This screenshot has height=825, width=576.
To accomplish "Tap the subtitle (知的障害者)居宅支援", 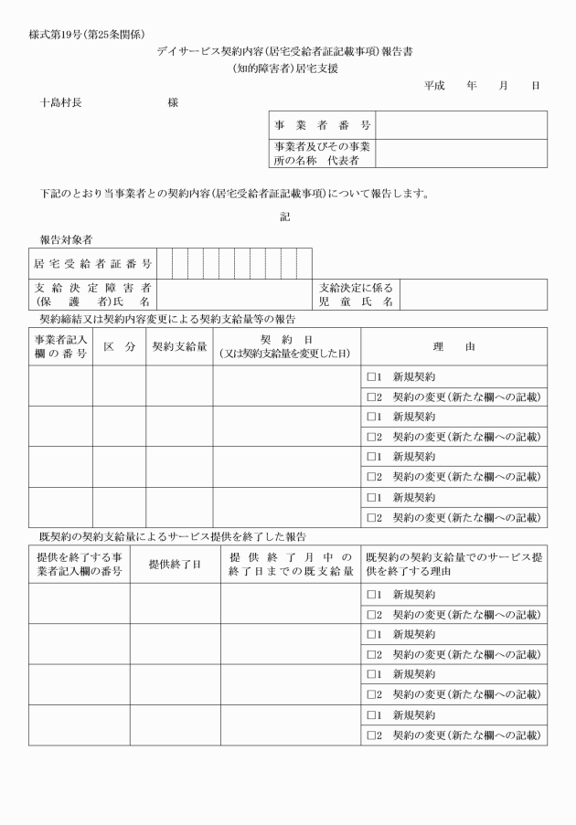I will [285, 69].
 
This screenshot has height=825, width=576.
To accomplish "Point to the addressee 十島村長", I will [61, 102].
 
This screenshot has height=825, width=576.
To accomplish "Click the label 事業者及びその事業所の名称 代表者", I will [322, 153].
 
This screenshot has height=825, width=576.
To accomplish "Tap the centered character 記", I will [285, 217].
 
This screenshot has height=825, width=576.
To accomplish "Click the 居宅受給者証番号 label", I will [92, 263].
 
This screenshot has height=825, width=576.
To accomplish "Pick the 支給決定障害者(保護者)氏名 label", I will [92, 294].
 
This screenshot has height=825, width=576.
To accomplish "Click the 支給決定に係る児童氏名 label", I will [357, 294].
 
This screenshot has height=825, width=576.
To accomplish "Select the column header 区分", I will [119, 347].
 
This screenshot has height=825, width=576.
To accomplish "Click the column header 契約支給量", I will [179, 347].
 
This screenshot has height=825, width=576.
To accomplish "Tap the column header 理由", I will [453, 347].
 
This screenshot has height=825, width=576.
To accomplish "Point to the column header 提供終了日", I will [175, 564].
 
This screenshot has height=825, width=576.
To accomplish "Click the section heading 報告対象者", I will [66, 239].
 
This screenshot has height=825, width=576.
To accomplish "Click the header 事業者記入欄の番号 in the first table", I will [60, 347].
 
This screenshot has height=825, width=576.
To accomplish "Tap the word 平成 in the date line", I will [434, 85].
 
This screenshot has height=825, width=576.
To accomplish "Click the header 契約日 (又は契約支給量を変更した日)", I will [287, 347].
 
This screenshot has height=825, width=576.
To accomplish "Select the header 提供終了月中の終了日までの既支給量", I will [291, 564].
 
